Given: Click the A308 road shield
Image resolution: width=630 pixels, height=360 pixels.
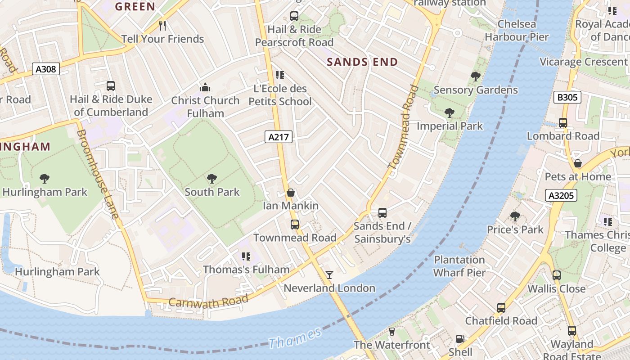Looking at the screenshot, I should (46, 69).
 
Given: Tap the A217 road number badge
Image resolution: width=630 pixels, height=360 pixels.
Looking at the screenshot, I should (278, 137).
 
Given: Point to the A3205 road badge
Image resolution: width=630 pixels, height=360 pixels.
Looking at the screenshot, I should (561, 195).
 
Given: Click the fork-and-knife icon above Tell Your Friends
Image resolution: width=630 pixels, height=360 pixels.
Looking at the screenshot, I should (163, 26).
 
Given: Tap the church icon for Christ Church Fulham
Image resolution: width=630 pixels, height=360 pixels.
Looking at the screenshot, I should (205, 87).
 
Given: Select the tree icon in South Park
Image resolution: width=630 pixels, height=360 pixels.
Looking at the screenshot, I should (212, 179).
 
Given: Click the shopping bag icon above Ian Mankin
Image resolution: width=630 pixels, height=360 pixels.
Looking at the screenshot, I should (291, 193).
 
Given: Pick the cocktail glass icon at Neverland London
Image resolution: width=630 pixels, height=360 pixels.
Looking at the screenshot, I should (329, 274).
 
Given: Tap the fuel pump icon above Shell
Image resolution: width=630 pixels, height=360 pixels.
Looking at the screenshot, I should (460, 339).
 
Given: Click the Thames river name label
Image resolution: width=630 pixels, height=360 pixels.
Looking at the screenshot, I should (295, 338).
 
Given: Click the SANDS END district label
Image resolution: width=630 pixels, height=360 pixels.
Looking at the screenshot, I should (362, 62).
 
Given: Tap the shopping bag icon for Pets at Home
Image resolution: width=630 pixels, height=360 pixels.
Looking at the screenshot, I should (578, 163).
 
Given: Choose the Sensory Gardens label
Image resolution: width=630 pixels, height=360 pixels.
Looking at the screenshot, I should (476, 90).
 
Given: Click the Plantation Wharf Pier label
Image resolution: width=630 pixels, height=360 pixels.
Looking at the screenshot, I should (459, 266).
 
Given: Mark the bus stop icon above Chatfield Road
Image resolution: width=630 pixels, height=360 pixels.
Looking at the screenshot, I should (501, 308).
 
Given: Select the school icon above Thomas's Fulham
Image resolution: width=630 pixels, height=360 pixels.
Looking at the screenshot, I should (246, 256).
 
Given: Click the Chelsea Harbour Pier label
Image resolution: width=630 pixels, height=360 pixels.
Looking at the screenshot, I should (517, 31).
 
